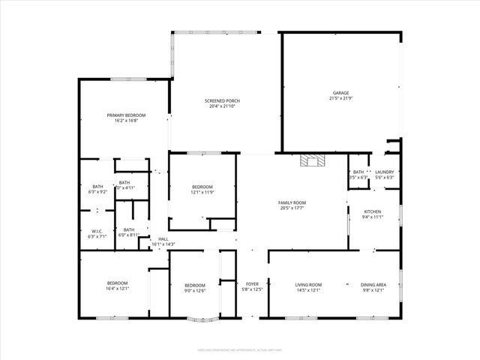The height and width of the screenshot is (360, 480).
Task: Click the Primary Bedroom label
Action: click(126, 115)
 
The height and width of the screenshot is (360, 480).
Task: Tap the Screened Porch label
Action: click(222, 100)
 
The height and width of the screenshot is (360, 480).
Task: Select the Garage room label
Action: click(340, 93)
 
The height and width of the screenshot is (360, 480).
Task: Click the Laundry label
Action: click(384, 172)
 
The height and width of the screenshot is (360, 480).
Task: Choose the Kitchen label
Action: click(373, 212)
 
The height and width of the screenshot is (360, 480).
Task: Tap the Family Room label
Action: click(291, 202)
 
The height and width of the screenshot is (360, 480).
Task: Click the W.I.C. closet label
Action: click(97, 230)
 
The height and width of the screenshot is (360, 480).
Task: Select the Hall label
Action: click(163, 238)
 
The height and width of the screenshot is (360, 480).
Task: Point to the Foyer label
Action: click(252, 284)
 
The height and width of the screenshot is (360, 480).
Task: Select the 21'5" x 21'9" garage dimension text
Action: click(340, 98)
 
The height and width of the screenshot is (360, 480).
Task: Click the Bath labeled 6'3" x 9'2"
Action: click(97, 187)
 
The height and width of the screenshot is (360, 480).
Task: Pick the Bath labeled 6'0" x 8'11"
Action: click(129, 229)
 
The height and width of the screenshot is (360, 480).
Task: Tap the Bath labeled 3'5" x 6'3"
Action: click(358, 172)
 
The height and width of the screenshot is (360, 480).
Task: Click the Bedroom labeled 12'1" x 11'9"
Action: click(202, 187)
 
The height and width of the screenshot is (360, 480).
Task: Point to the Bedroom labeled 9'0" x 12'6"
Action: click(195, 285)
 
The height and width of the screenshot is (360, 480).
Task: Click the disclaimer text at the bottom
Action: click(239, 349)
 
